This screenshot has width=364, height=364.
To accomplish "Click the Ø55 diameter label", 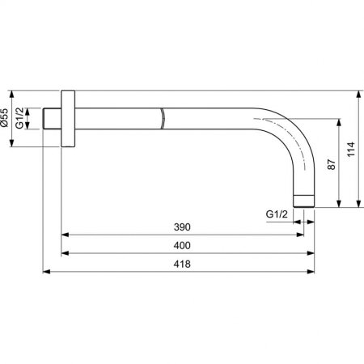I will pos(8,121).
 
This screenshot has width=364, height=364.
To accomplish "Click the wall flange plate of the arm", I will pos(70,121).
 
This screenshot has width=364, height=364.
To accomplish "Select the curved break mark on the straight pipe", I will pos(164,120).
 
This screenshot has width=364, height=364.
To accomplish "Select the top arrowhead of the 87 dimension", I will pos(333,124).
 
